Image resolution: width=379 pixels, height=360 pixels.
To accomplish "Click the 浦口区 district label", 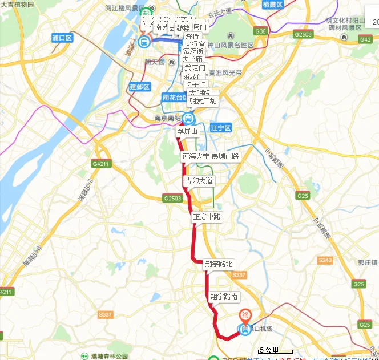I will click(62, 38).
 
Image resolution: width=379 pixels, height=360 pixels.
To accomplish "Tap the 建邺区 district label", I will click(139, 87).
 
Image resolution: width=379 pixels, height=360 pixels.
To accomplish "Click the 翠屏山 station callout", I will click(187, 131).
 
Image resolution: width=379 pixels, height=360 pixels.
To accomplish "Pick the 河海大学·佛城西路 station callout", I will click(211, 156).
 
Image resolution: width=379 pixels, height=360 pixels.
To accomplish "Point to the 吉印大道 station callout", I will click(198, 181).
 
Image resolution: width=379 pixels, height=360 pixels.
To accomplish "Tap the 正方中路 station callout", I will click(206, 217).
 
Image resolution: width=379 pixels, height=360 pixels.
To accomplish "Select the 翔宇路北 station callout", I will click(219, 264).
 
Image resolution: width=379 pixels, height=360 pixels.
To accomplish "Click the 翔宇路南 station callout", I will click(224, 296).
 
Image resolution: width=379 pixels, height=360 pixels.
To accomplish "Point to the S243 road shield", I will click(325, 260).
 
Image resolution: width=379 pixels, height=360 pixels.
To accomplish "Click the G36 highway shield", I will click(261, 31).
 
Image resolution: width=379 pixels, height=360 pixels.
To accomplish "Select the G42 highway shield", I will click(365, 39).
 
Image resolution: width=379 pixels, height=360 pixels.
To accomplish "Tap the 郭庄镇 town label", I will click(368, 263).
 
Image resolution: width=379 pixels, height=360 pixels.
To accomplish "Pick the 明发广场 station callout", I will click(203, 101).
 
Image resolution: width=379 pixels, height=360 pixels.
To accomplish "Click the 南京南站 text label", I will click(167, 119).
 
